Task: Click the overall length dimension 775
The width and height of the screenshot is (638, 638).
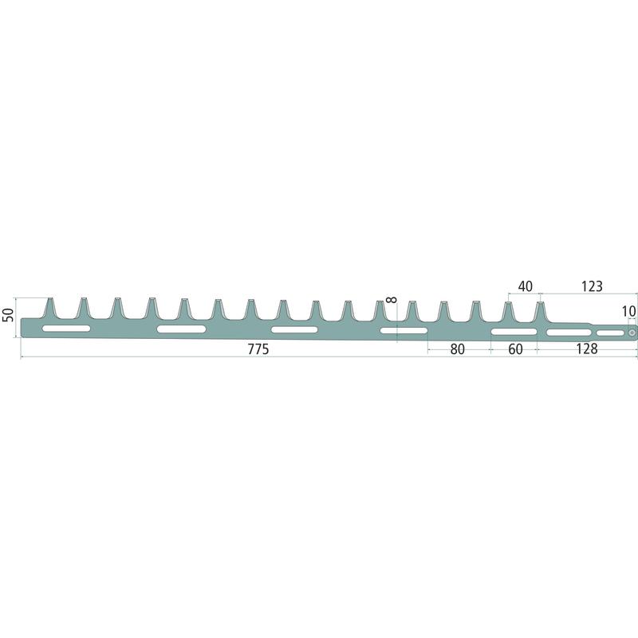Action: pos(258,349)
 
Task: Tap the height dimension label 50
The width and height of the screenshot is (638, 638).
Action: pos(8,315)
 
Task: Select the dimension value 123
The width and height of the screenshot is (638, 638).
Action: pos(591,286)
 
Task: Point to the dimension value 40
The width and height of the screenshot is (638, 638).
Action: pos(525,286)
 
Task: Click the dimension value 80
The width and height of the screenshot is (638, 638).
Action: pos(457,349)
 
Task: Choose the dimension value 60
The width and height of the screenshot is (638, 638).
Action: pos(515,349)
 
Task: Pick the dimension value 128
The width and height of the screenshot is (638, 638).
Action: pos(587,349)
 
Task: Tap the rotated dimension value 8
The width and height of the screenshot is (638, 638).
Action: pos(391,300)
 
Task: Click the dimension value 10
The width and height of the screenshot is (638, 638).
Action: pos(628,311)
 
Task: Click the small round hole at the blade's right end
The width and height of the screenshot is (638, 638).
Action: pos(632,333)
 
